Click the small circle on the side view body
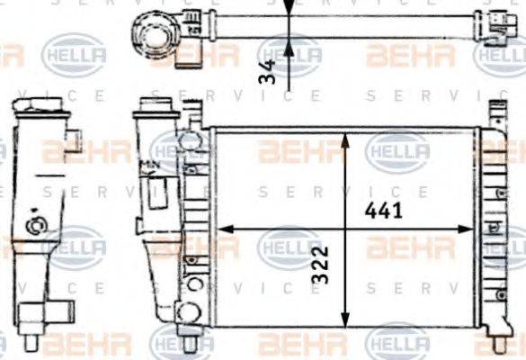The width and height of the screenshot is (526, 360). [x=38, y=226]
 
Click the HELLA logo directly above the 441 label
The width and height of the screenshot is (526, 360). [x=397, y=149]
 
